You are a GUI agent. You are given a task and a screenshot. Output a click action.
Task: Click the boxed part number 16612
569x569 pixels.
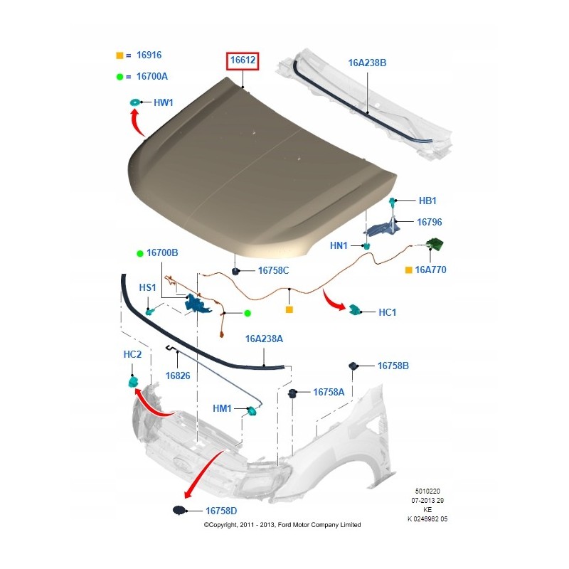click(242, 62)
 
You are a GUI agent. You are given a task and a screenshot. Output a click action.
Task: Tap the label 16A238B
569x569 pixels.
click(367, 63)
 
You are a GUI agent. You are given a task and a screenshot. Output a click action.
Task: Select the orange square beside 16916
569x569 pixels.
click(119, 55)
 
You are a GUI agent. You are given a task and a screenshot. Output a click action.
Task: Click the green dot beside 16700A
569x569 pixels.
click(119, 76)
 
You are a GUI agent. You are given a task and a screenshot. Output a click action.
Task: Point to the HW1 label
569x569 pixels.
click(164, 103)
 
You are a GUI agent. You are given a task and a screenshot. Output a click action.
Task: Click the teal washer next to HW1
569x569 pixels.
click(134, 104)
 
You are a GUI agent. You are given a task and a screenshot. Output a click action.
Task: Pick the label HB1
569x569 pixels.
click(427, 201)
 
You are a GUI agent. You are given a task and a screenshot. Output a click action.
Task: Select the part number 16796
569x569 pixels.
click(431, 222)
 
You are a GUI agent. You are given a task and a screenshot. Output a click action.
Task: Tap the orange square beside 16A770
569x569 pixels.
click(408, 270)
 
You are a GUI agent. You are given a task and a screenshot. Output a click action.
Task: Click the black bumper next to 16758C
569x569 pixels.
click(235, 270)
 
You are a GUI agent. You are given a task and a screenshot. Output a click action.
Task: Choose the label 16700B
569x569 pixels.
click(162, 253)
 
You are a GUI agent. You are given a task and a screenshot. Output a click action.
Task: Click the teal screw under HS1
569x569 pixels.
click(149, 311)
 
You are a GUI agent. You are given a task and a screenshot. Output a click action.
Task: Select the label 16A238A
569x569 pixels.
click(265, 339)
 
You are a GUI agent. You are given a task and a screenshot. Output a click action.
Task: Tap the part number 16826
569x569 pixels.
click(178, 376)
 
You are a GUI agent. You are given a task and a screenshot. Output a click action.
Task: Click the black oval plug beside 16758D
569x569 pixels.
click(179, 510)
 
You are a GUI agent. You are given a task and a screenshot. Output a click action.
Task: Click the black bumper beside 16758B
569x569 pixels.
click(353, 366)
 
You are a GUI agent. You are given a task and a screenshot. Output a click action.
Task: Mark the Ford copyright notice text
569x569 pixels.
click(282, 525)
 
